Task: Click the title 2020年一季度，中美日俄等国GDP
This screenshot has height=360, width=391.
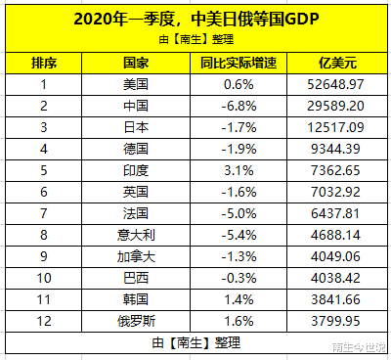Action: pyautogui.click(x=195, y=18)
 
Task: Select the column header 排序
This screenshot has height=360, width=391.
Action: pyautogui.click(x=44, y=64)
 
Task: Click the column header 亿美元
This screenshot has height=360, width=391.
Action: pyautogui.click(x=335, y=64)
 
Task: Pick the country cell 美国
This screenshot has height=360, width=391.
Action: pyautogui.click(x=136, y=85)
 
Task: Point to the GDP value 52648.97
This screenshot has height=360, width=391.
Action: pyautogui.click(x=335, y=85)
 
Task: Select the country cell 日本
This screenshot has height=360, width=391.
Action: pyautogui.click(x=136, y=127)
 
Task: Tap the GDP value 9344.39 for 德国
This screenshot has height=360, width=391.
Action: pyautogui.click(x=335, y=149)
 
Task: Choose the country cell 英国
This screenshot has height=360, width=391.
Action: pyautogui.click(x=136, y=191)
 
